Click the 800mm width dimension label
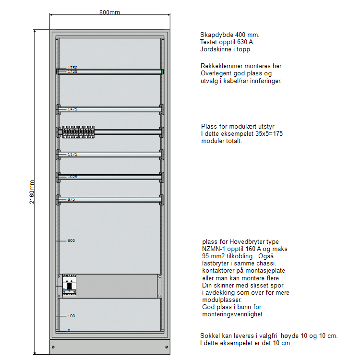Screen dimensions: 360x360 (109, 12)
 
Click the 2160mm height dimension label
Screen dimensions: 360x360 (32, 192)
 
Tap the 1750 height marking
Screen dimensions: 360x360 (72, 68)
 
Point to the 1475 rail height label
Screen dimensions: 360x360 (72, 109)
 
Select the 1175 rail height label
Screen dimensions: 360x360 (72, 154)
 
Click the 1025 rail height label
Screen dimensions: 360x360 (72, 177)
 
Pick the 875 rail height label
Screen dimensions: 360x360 (71, 199)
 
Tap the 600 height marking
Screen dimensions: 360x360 (71, 240)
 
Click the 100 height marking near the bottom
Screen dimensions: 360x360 (71, 316)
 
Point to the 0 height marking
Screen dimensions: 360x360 (69, 331)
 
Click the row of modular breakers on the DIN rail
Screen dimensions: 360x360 (78, 132)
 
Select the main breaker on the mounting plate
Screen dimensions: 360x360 (69, 286)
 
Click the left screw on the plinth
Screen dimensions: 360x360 (53, 347)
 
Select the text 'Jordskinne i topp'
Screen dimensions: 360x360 (225, 49)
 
